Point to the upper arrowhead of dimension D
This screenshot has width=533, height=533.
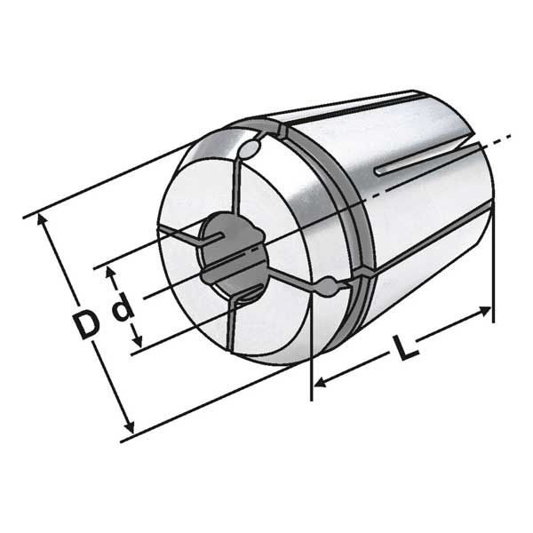click(42, 219)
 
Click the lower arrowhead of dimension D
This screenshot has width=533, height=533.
click(130, 427)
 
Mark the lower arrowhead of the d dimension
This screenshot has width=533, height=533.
click(138, 341)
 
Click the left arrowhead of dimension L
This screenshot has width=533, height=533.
click(320, 383)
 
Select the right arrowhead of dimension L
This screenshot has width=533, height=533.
click(485, 310)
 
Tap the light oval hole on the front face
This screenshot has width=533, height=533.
click(249, 149)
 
